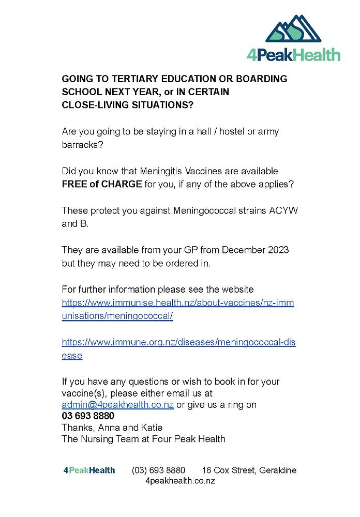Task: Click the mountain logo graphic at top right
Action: (x=294, y=30)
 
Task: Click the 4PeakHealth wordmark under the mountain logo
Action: (x=293, y=55)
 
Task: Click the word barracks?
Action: (x=82, y=144)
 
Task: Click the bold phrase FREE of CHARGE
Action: (x=101, y=184)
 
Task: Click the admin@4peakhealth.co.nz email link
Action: (x=117, y=405)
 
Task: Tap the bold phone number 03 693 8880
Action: (x=88, y=416)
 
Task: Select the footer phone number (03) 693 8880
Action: (x=158, y=470)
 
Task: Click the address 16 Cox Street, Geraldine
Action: (x=249, y=470)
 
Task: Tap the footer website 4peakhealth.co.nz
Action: (x=180, y=481)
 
